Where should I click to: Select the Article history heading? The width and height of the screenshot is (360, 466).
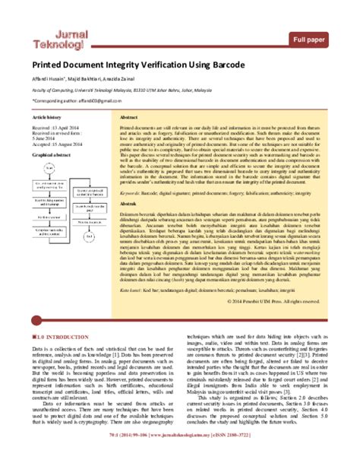point(46,119)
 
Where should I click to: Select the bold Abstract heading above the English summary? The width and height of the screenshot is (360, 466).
point(129,119)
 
